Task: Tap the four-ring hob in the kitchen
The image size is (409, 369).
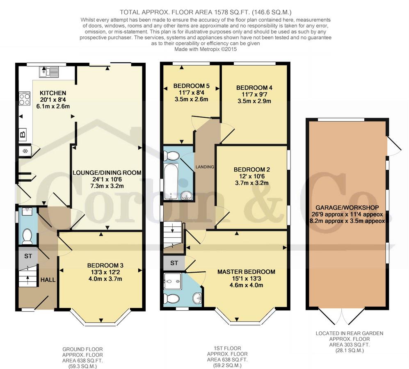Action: [x=25, y=98]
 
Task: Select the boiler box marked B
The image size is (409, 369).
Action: [x=23, y=134]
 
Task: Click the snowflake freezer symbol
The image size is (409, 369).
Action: [x=25, y=151]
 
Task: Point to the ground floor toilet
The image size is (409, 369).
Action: [x=27, y=236]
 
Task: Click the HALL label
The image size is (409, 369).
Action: [x=48, y=280]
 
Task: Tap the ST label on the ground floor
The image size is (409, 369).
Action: [x=28, y=256]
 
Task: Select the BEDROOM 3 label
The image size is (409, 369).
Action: [x=105, y=265]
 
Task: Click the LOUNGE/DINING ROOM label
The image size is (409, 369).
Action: [x=107, y=173]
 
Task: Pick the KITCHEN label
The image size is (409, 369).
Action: [x=53, y=93]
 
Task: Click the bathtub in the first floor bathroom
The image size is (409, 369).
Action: [x=171, y=181]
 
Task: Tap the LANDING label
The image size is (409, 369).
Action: [x=205, y=167]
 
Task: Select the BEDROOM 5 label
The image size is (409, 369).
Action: [x=192, y=86]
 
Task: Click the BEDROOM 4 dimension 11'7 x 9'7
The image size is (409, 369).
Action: [x=254, y=94]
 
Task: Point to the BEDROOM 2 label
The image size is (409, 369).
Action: [x=252, y=169]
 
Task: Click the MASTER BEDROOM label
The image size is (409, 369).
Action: [x=246, y=272]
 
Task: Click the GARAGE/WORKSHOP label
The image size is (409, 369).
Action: [x=347, y=207]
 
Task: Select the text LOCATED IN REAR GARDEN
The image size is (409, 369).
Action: [x=350, y=333]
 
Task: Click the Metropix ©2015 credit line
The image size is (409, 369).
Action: [x=206, y=49]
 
